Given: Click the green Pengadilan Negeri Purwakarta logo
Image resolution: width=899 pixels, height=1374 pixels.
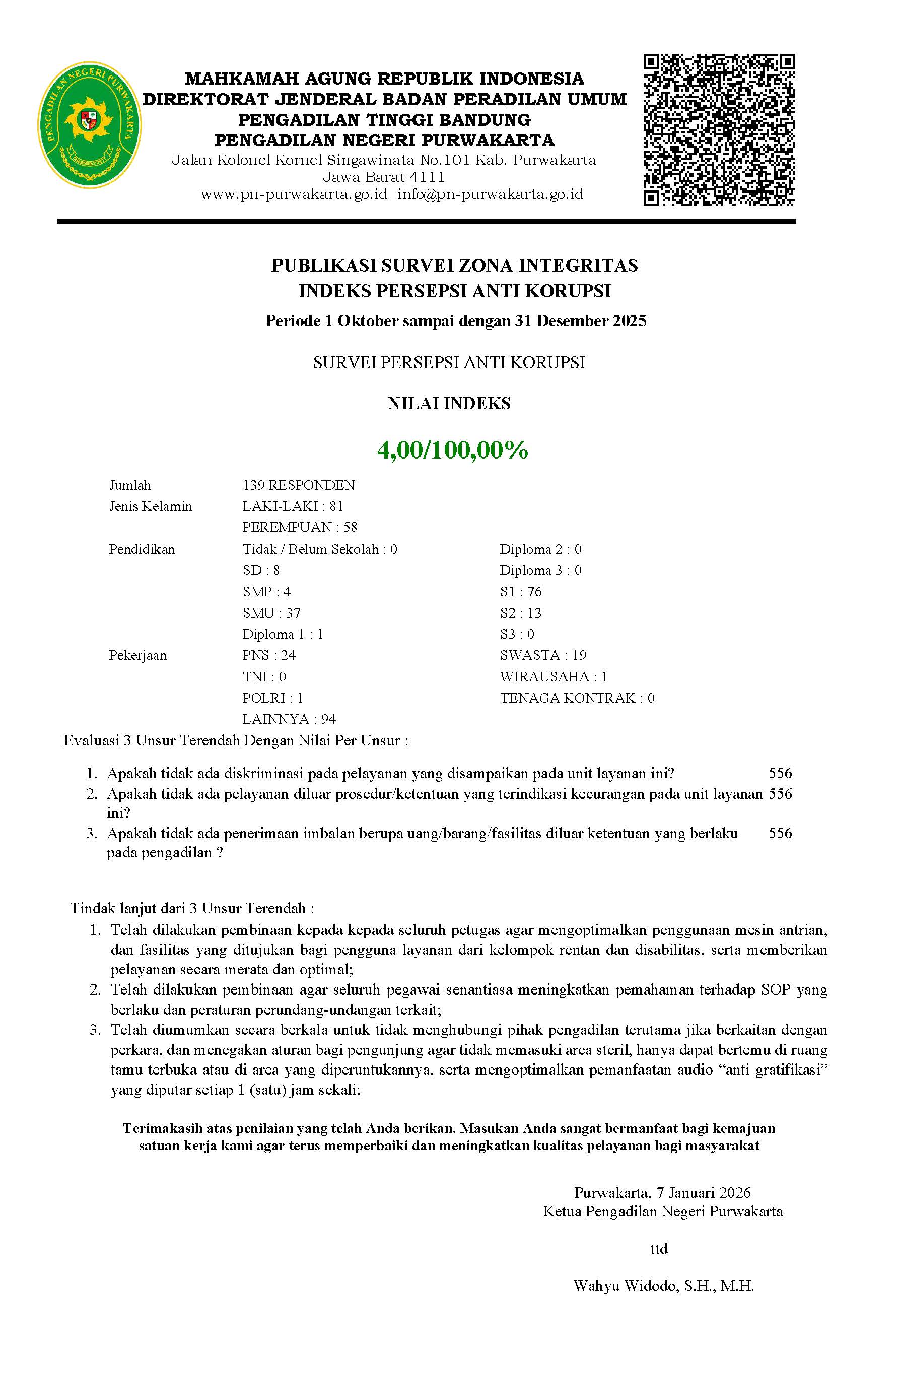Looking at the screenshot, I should [89, 125].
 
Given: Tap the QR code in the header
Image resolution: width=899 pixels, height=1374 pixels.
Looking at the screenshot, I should [719, 130].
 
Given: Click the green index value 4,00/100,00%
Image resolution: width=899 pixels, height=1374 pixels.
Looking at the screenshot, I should [452, 450].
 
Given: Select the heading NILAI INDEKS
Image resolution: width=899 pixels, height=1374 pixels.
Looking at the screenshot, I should [449, 404].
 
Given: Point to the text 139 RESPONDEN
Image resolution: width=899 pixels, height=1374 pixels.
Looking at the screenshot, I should [298, 485].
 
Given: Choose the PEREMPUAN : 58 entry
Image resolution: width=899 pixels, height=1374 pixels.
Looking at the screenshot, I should [299, 527].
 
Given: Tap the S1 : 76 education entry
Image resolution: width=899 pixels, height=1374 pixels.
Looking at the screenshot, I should [521, 592].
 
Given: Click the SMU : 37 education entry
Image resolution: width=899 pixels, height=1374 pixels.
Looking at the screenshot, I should [271, 613].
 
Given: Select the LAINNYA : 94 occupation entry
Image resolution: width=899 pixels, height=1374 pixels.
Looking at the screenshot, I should [289, 719].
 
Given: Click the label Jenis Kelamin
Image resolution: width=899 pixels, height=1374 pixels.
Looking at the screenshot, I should [151, 506].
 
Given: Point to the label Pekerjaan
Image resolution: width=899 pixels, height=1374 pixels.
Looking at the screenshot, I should [137, 655].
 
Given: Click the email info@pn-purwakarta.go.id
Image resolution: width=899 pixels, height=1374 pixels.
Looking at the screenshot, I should [490, 194].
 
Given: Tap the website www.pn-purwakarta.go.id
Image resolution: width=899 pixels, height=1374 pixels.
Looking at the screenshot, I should [294, 194].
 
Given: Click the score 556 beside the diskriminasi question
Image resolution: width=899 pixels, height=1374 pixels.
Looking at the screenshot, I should [780, 773].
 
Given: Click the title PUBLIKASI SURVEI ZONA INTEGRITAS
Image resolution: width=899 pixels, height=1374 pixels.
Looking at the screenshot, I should [455, 266].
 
